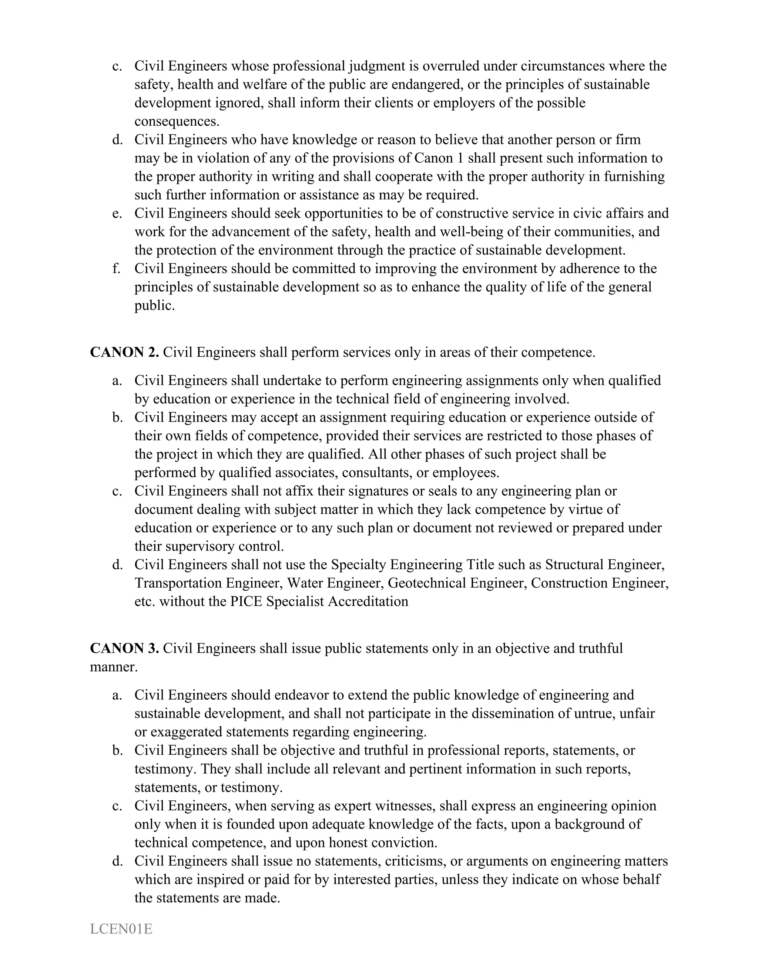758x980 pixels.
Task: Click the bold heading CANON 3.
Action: (x=124, y=648)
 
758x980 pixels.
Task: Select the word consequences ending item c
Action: (x=177, y=122)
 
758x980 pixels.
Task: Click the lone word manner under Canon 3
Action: (x=113, y=667)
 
